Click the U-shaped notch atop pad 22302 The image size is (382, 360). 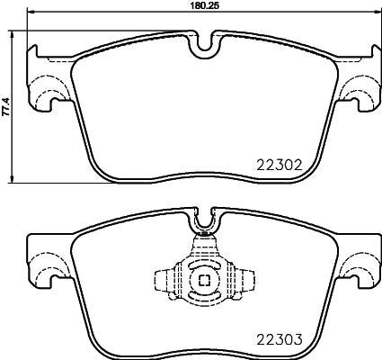pyautogui.click(x=204, y=41)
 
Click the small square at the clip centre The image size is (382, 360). pyautogui.click(x=204, y=280)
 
